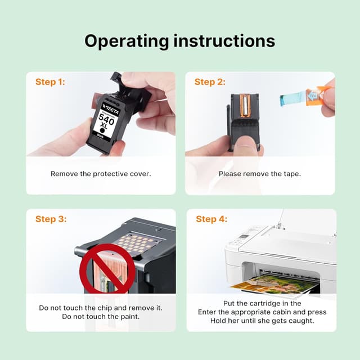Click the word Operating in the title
pos(127,41)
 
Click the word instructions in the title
pos(224,40)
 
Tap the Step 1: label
pos(50,82)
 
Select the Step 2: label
pos(210,82)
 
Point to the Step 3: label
pos(51,219)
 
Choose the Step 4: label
pos(211,219)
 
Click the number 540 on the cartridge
pos(106,119)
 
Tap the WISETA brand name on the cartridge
pos(110,109)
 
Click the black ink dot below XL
pos(102,130)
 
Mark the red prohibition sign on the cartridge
pos(107,269)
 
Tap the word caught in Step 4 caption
pos(301,321)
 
